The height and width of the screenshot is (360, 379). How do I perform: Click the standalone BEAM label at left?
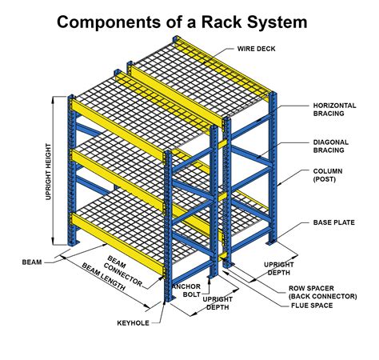32,260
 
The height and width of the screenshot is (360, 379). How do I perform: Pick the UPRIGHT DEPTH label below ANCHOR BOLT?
218,303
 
